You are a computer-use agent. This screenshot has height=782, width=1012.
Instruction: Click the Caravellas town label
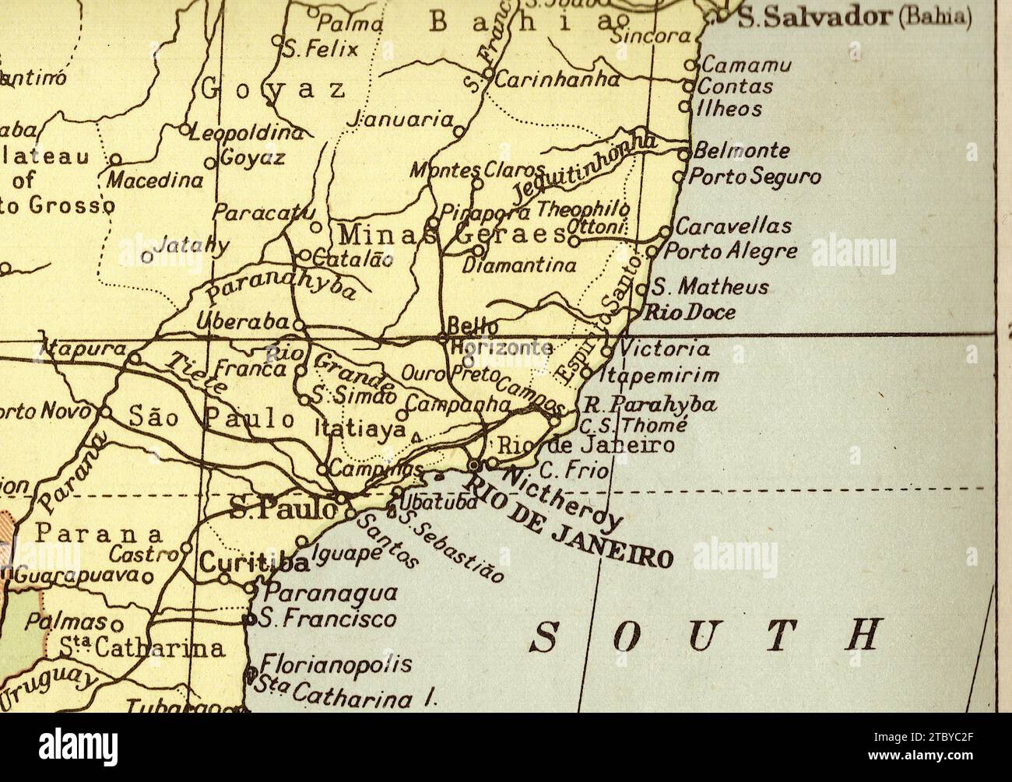733,226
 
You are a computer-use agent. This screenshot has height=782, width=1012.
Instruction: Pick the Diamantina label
519,265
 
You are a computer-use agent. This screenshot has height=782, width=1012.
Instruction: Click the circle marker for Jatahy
146,255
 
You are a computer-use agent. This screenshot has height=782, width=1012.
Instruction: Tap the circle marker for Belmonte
684,153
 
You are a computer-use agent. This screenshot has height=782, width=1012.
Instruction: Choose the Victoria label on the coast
664,349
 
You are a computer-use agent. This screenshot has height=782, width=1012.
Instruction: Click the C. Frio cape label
567,469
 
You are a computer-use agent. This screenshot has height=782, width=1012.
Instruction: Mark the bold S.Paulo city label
283,509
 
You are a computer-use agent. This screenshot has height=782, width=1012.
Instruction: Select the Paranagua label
330,593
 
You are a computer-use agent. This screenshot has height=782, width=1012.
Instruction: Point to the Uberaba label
243,320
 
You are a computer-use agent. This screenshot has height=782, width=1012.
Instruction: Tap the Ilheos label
729,109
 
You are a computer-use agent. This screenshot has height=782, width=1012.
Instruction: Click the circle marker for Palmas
117,624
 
